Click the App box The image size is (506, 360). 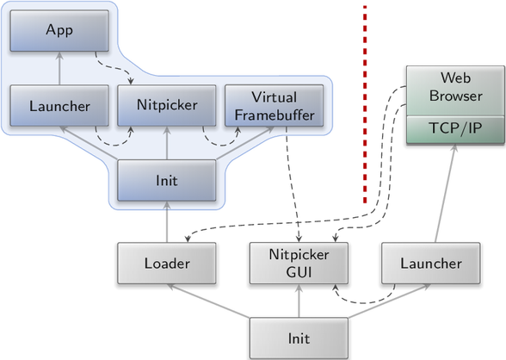pyautogui.click(x=59, y=31)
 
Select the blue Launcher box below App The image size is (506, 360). pyautogui.click(x=59, y=106)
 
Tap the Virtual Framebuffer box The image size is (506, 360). pyautogui.click(x=274, y=106)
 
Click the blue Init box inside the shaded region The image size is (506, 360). pyautogui.click(x=167, y=181)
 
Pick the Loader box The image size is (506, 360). pyautogui.click(x=167, y=264)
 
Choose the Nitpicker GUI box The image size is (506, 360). pyautogui.click(x=299, y=264)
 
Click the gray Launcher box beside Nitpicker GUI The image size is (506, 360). pyautogui.click(x=431, y=264)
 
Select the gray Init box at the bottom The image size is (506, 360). pyautogui.click(x=299, y=338)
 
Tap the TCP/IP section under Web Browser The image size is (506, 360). pyautogui.click(x=455, y=129)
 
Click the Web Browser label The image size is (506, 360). pyautogui.click(x=455, y=87)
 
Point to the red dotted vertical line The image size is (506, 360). pyautogui.click(x=365, y=104)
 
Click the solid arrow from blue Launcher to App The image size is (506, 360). pyautogui.click(x=59, y=68)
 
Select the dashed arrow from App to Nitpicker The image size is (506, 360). pyautogui.click(x=114, y=68)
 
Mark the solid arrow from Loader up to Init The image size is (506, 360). pyautogui.click(x=167, y=222)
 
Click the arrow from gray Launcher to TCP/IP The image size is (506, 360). pyautogui.click(x=446, y=193)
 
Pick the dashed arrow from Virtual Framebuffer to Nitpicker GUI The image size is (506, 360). pyautogui.click(x=293, y=184)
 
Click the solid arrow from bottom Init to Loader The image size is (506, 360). pyautogui.click(x=208, y=301)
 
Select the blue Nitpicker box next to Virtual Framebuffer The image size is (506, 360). pyautogui.click(x=167, y=106)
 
